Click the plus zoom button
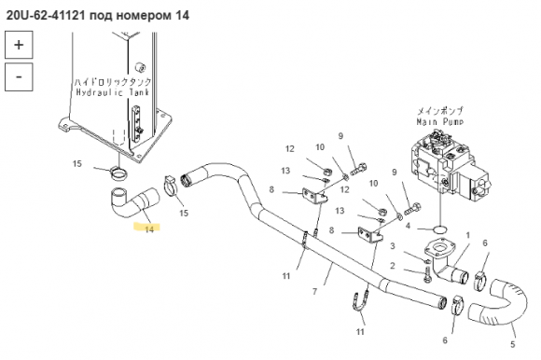tap(19, 45)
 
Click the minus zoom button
tap(19, 76)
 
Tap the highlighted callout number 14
tap(149, 229)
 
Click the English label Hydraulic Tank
tap(113, 92)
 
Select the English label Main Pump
tap(439, 122)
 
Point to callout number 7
tap(314, 292)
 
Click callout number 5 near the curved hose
tap(513, 344)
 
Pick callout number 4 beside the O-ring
tap(409, 226)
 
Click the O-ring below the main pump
tap(440, 228)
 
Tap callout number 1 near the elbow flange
tap(468, 236)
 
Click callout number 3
tap(393, 246)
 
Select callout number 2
tap(393, 266)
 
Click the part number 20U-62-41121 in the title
tap(46, 16)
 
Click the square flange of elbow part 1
tap(439, 248)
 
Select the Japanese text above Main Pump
tap(440, 111)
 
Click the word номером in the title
tap(142, 16)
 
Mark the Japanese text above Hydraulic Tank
tap(113, 82)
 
